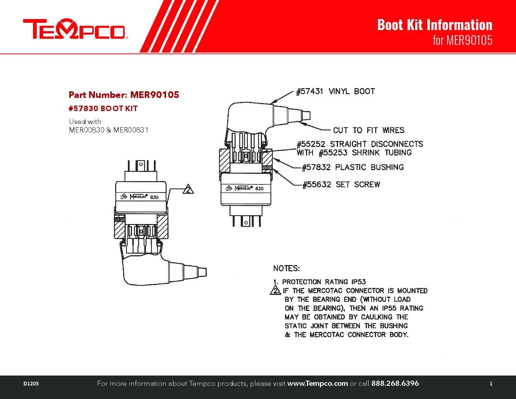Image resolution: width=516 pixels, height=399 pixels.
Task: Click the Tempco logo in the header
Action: (75, 29)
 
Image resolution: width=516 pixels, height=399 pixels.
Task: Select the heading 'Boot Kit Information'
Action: (435, 25)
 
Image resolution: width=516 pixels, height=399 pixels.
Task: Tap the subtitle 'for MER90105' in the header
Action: (462, 40)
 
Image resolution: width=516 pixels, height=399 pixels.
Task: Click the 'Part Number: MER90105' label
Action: (124, 95)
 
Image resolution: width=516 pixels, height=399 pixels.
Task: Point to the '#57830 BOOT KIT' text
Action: (103, 109)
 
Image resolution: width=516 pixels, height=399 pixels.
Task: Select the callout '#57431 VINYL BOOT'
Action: (335, 91)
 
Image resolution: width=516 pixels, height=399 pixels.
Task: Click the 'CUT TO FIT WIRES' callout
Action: (368, 130)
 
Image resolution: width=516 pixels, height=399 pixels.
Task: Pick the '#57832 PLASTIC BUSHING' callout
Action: (353, 167)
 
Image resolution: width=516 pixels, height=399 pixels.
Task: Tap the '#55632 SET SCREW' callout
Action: (341, 184)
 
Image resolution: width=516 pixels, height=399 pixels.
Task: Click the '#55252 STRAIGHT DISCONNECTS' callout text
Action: (360, 144)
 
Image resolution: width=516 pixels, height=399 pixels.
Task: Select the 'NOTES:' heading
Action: (286, 268)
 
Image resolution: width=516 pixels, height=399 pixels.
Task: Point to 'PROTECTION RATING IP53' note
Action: (324, 282)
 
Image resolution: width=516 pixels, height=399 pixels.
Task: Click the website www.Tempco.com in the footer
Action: (317, 384)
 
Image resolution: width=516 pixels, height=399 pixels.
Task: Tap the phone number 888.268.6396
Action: (395, 384)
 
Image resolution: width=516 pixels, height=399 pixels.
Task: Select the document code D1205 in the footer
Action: (31, 384)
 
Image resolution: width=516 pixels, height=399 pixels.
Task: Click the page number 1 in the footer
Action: (491, 384)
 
